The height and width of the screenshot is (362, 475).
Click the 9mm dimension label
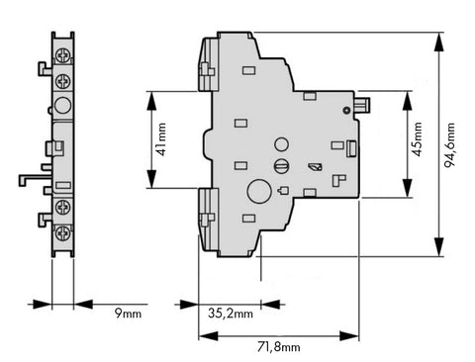point(128,313)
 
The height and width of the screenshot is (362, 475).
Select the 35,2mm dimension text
point(231,314)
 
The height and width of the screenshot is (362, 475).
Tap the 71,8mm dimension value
point(279,347)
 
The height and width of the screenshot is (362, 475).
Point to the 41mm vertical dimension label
point(161,139)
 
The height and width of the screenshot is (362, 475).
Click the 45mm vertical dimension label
point(418,138)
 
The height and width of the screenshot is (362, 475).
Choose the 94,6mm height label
point(449,145)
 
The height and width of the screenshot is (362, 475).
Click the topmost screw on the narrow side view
point(62,55)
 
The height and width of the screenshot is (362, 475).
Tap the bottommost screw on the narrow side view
point(62,233)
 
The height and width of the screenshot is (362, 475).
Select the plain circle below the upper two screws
point(62,106)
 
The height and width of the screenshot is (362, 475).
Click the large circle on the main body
point(259,191)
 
